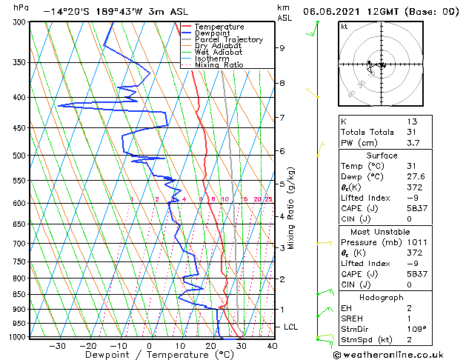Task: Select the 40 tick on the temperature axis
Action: click(272, 346)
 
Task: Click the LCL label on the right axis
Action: click(292, 327)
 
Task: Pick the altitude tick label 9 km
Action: click(282, 48)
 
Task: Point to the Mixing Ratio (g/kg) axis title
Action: click(291, 208)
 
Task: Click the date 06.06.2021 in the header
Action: click(338, 12)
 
